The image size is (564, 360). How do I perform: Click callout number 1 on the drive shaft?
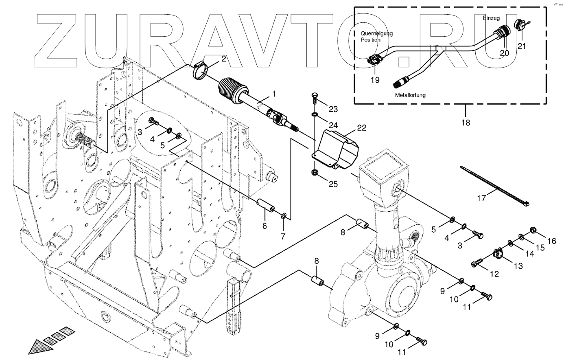point(274,94)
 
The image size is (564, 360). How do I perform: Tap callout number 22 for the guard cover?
point(361,128)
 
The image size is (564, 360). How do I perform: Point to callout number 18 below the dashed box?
point(466,122)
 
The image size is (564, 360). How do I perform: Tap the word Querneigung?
point(376,34)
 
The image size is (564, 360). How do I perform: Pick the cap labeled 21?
point(520,25)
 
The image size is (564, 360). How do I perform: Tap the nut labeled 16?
point(533,230)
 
